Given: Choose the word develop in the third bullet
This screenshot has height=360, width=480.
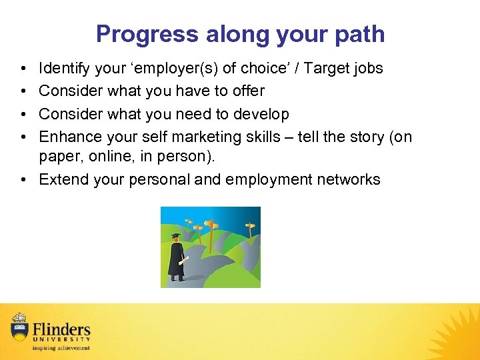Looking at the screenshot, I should click(263, 114).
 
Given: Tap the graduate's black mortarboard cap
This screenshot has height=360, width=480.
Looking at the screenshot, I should click(175, 236).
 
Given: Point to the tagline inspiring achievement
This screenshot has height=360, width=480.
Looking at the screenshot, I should click(60, 347).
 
